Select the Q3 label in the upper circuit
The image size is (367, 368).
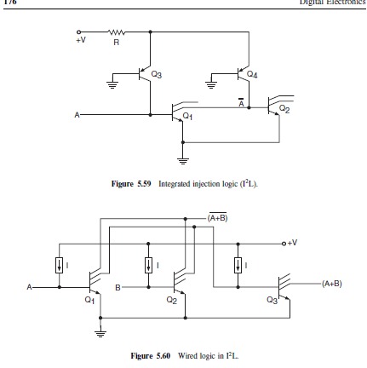pyautogui.click(x=156, y=75)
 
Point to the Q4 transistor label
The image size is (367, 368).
pyautogui.click(x=251, y=75)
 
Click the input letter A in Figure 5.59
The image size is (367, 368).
pyautogui.click(x=78, y=112)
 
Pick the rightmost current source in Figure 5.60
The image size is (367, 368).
pyautogui.click(x=238, y=265)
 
